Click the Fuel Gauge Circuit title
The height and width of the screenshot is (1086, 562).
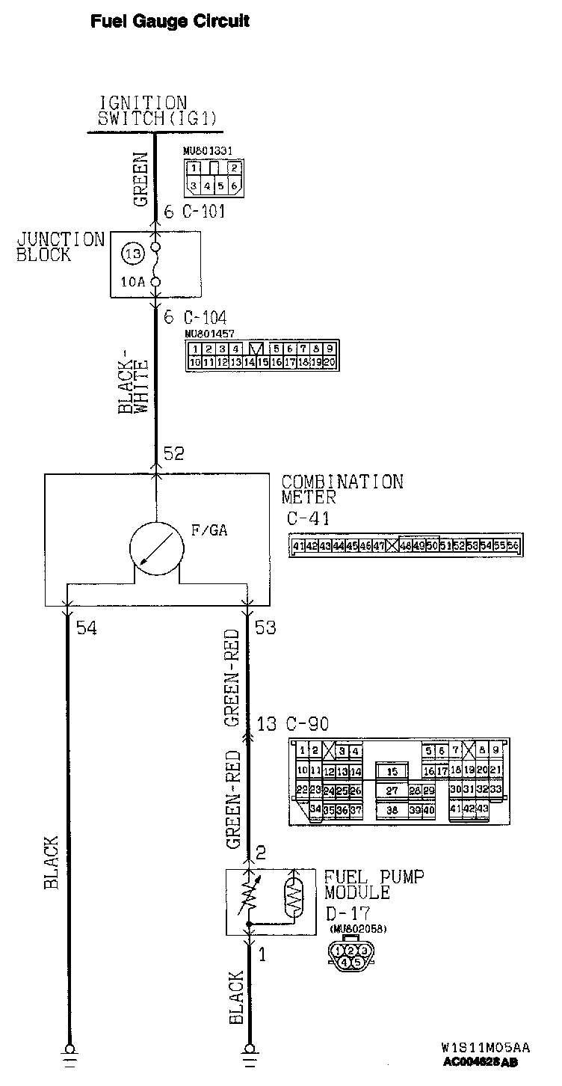[x=170, y=22]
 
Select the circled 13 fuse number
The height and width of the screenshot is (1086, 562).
[x=133, y=254]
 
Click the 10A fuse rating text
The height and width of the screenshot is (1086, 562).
[x=132, y=283]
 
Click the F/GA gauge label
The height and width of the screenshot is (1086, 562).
[x=209, y=531]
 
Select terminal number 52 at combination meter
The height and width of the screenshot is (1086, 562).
[x=173, y=454]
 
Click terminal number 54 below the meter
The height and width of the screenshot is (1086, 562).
[x=86, y=628]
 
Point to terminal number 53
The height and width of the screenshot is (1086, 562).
[x=265, y=628]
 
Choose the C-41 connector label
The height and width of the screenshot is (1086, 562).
[x=308, y=518]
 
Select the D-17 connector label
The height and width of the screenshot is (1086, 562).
[x=348, y=912]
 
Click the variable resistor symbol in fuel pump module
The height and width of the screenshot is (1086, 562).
[x=249, y=896]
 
